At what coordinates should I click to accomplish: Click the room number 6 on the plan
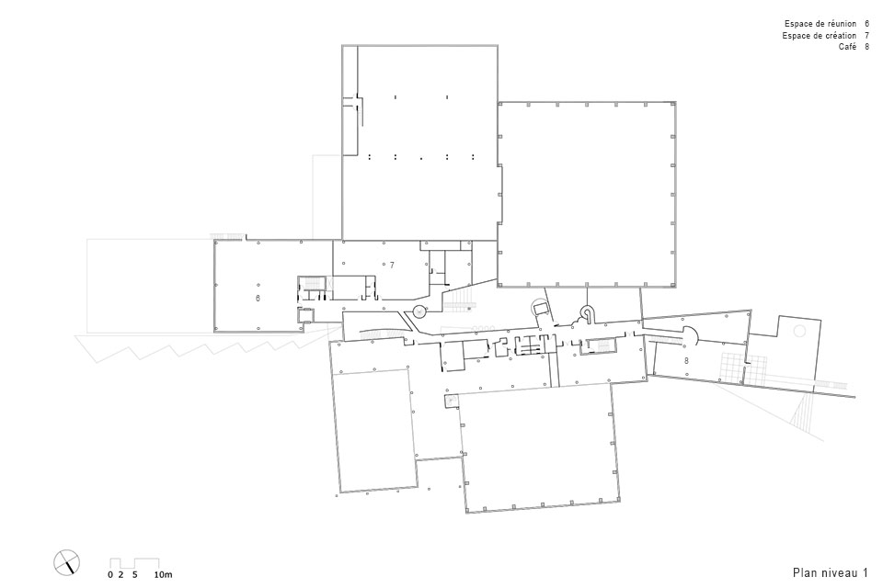[x=258, y=299]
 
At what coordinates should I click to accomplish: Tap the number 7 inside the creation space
[x=392, y=265]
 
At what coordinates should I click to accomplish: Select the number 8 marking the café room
[x=686, y=361]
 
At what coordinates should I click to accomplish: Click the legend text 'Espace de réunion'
[x=820, y=24]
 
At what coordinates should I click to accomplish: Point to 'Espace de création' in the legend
[x=820, y=36]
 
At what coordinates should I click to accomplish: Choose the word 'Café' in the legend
[x=847, y=47]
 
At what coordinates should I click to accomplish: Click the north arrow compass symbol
[x=67, y=561]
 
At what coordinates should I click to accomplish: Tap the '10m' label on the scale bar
[x=164, y=575]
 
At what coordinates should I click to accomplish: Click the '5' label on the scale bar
[x=135, y=575]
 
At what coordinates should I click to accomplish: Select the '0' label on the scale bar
[x=110, y=575]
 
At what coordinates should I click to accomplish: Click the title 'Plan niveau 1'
[x=830, y=572]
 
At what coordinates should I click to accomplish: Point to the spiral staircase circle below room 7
[x=419, y=310]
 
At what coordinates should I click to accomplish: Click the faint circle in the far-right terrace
[x=799, y=331]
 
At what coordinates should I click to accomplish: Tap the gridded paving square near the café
[x=734, y=368]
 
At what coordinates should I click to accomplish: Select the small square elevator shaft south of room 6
[x=305, y=316]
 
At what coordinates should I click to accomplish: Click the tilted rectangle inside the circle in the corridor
[x=541, y=308]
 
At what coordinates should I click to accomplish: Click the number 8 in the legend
[x=866, y=47]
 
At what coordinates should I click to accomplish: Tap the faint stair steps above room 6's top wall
[x=227, y=235]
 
